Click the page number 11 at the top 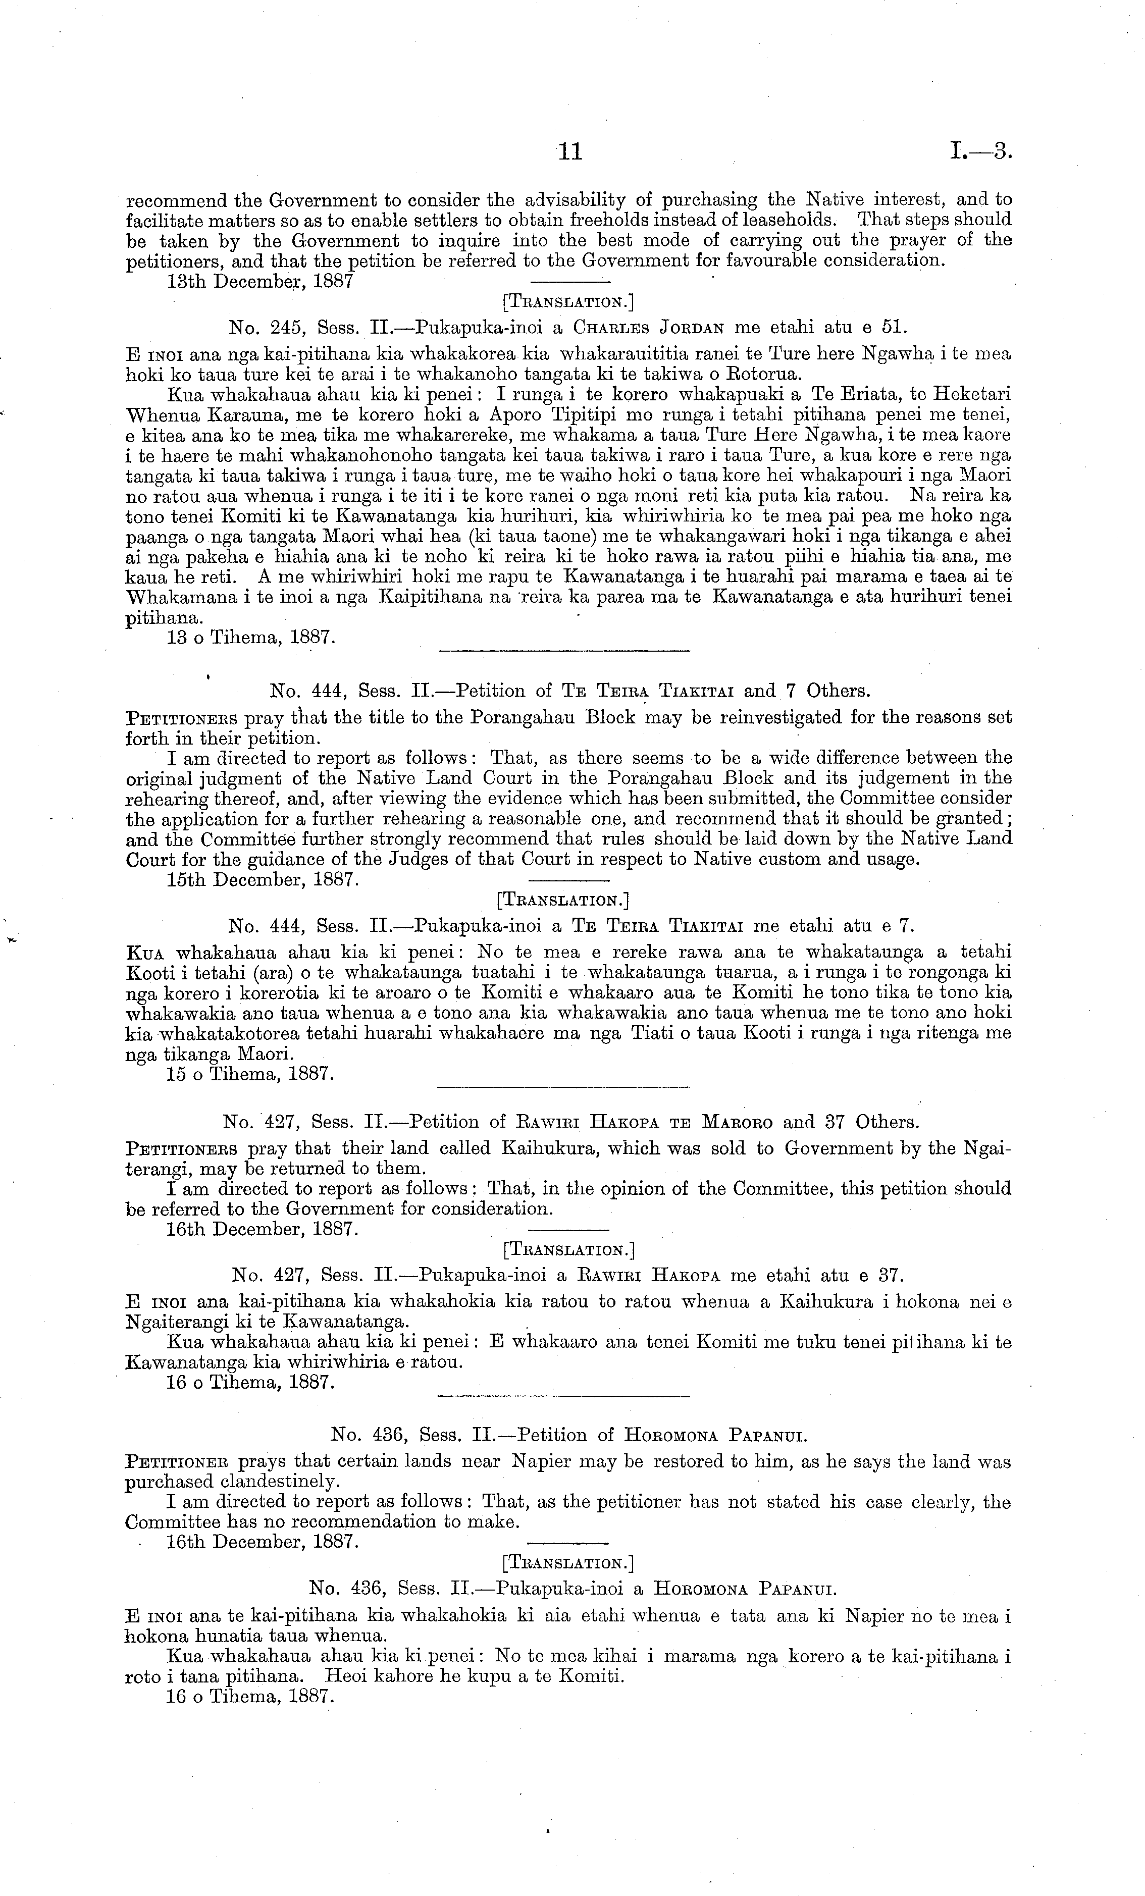click(570, 152)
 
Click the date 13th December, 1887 click(260, 281)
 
